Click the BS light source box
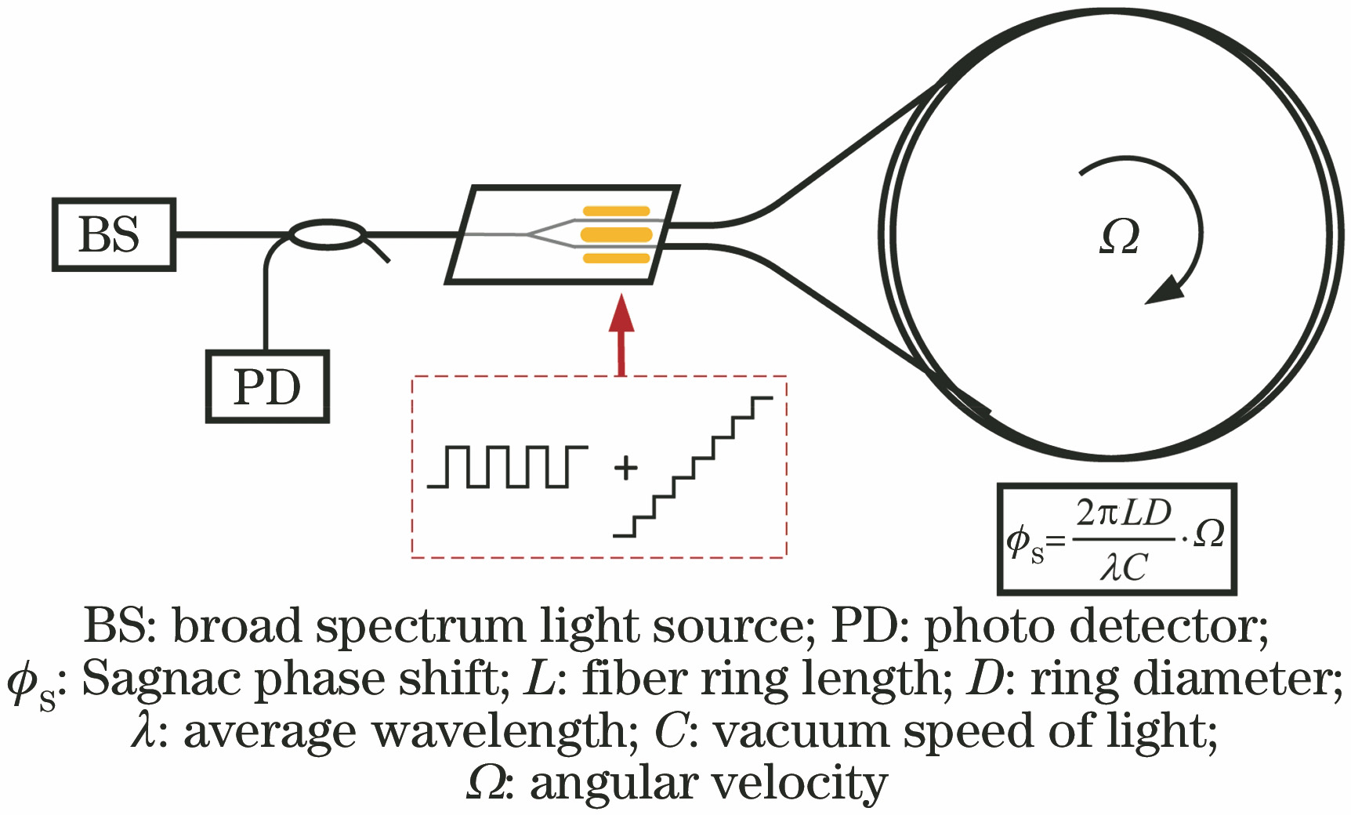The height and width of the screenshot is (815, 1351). coord(114,234)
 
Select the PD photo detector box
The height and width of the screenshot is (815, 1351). coord(266,387)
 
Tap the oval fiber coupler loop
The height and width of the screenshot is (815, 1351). coord(328,234)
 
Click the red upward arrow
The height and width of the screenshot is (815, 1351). coord(621,333)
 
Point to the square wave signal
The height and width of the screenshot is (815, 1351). coord(507,467)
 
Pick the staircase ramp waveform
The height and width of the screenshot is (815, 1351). coord(693,467)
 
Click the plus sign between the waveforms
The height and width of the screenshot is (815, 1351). coord(625,468)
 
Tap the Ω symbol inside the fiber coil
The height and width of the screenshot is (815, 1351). coord(1119,237)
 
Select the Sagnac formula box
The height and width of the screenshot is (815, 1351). coord(1117,539)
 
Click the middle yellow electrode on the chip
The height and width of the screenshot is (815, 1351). coord(615,234)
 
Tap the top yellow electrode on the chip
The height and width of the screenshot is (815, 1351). coord(615,211)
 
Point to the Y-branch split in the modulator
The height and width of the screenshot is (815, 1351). coord(532,234)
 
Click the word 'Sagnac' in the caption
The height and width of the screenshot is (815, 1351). coord(163,679)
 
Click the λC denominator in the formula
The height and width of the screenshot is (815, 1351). coord(1123,568)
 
